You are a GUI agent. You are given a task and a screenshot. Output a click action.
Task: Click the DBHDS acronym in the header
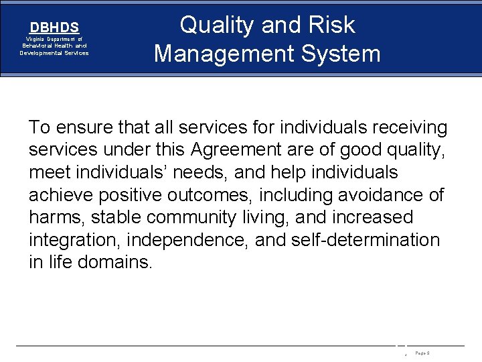click(x=54, y=27)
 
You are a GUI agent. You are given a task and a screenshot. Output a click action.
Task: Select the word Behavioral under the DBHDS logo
click(x=39, y=46)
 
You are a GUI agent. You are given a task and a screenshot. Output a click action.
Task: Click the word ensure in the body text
click(x=84, y=127)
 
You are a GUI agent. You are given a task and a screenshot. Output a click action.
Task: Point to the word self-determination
click(x=366, y=240)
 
